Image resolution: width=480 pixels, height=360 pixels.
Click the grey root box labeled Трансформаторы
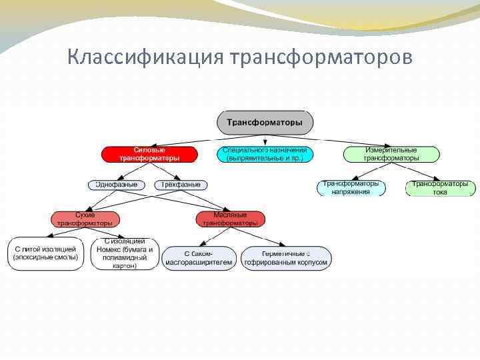(265, 123)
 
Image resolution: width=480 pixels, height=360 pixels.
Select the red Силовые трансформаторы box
(149, 154)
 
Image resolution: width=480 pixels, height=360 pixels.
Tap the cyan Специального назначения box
(265, 154)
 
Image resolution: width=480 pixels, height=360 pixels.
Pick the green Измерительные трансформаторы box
(391, 154)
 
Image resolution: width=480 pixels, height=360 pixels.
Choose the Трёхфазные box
(181, 185)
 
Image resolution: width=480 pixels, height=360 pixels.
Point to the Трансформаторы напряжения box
(351, 187)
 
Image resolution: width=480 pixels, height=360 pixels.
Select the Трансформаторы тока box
(439, 187)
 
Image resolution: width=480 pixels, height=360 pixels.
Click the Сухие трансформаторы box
(85, 219)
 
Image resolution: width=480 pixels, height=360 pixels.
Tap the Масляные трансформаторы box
(230, 219)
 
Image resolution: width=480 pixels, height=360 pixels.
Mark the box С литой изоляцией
(46, 253)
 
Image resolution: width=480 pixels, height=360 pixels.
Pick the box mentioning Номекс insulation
(125, 253)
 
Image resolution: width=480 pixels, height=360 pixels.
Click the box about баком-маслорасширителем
(200, 258)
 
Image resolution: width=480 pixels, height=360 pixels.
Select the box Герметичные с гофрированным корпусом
(285, 258)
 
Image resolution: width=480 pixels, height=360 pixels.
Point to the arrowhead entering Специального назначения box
(265, 143)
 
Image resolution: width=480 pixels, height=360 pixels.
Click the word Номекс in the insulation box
(111, 250)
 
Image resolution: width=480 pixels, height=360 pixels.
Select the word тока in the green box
(439, 192)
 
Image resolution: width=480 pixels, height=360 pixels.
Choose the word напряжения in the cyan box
(351, 192)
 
